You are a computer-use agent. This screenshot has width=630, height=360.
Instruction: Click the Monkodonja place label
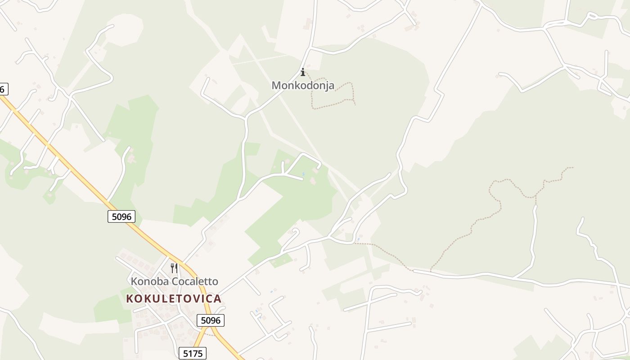pyautogui.click(x=303, y=85)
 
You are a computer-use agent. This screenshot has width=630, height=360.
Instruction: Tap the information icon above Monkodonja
pyautogui.click(x=303, y=72)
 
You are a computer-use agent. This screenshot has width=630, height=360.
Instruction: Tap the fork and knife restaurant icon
pyautogui.click(x=174, y=268)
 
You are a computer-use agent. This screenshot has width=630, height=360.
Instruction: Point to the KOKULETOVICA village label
pyautogui.click(x=174, y=299)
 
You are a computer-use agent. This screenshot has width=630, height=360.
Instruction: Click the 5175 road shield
pyautogui.click(x=193, y=354)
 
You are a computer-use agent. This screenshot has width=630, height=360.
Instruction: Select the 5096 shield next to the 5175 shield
pyautogui.click(x=210, y=320)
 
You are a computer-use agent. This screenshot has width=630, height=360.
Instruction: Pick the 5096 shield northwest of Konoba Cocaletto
pyautogui.click(x=121, y=216)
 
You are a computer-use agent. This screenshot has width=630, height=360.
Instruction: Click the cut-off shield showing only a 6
pyautogui.click(x=3, y=89)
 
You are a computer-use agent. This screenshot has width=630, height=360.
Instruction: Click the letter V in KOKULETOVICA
pyautogui.click(x=193, y=299)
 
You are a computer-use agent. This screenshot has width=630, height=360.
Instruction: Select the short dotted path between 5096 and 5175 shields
pyautogui.click(x=208, y=334)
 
